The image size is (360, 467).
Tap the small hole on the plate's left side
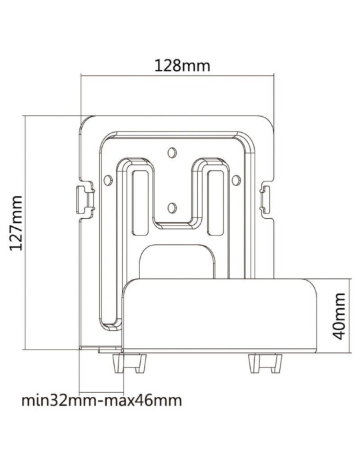click(107, 178)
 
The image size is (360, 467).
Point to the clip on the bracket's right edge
click(267, 197)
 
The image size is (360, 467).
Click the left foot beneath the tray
click(131, 364)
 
